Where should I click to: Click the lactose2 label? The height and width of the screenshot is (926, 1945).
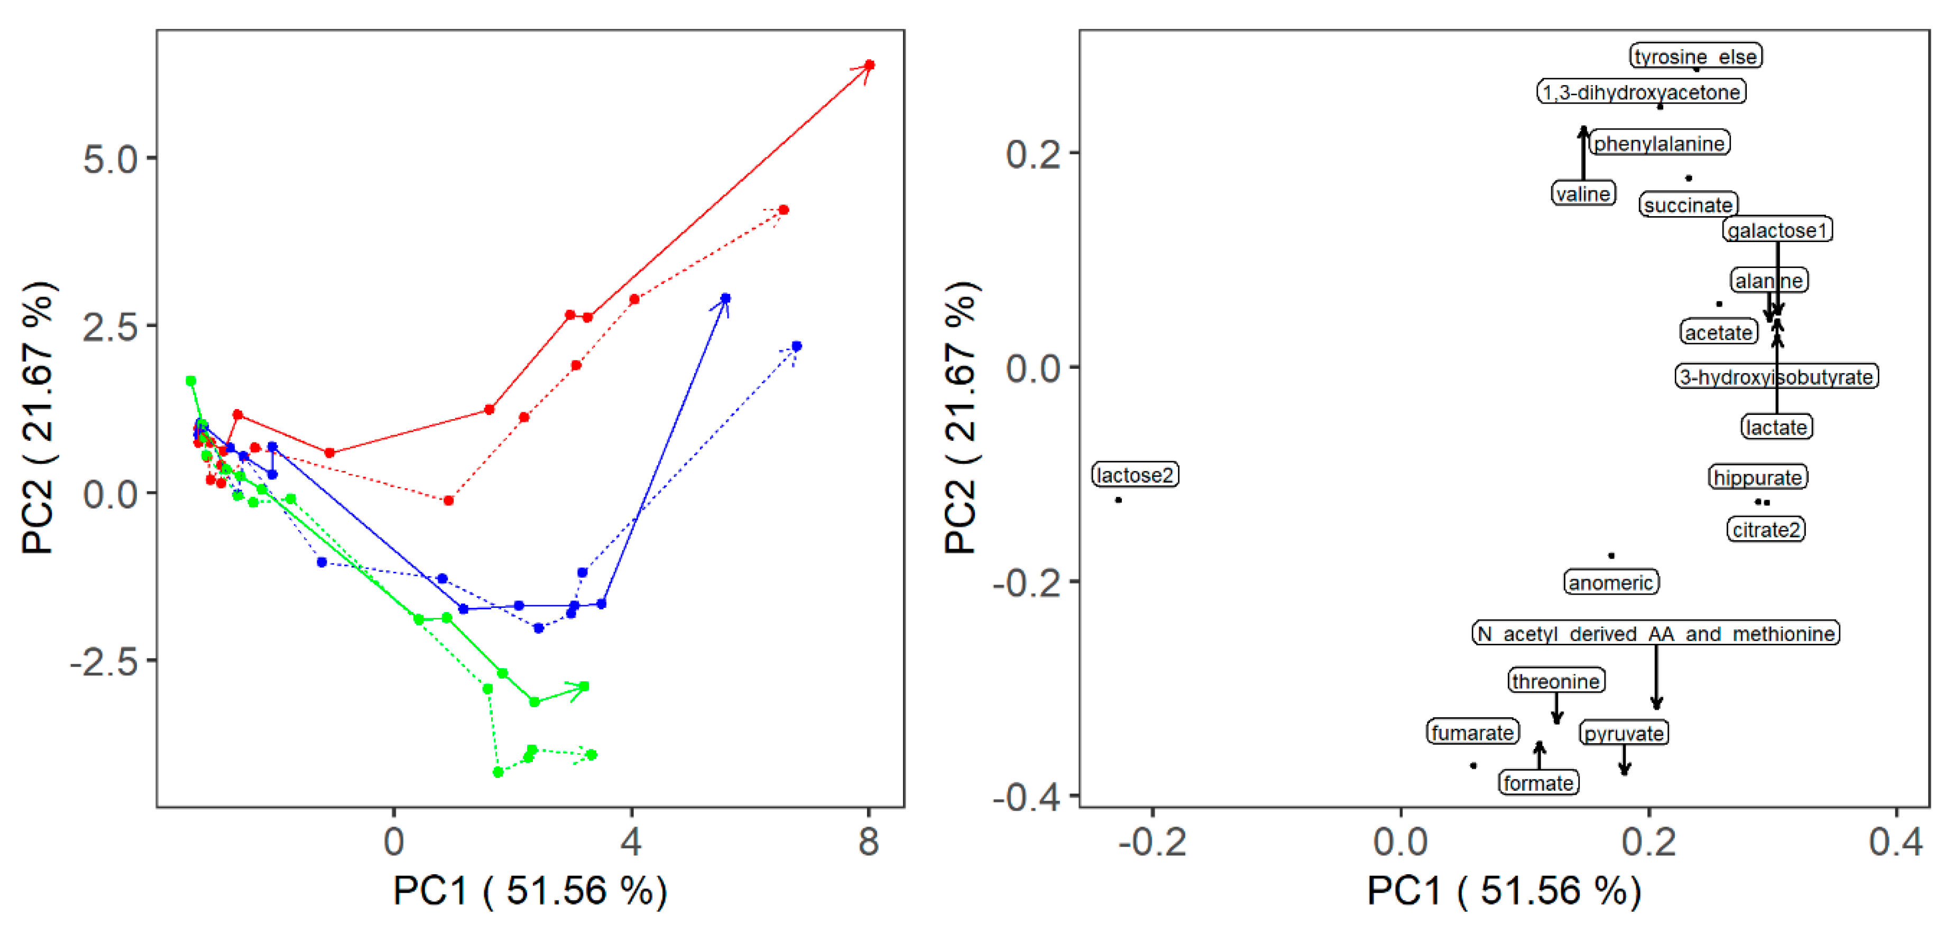point(1135,475)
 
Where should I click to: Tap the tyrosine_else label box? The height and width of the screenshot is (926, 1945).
point(1695,57)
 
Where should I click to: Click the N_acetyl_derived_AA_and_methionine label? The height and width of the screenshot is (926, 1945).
point(1655,633)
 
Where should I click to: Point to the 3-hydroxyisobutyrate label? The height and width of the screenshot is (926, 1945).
point(1776,377)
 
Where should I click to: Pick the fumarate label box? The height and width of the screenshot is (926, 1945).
point(1472,732)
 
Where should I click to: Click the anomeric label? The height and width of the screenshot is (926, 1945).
point(1610,582)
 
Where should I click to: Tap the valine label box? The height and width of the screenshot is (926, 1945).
point(1583,194)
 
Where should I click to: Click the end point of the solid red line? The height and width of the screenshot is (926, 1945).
point(869,65)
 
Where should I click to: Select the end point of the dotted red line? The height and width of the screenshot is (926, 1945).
point(783,210)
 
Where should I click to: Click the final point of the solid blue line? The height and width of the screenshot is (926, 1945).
point(725,299)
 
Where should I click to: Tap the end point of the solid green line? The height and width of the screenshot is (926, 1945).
point(584,686)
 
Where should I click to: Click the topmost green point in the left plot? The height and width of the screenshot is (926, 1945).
point(191,381)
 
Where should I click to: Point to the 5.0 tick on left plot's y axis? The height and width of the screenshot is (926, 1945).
point(110,159)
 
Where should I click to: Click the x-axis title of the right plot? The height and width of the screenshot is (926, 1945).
point(1504,891)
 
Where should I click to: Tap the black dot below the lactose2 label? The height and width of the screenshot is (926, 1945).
point(1118,499)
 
